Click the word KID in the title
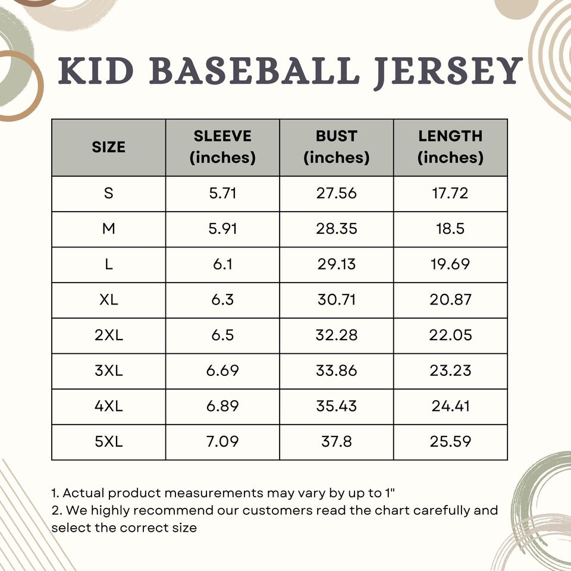click(x=96, y=71)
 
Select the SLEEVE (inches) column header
click(x=222, y=147)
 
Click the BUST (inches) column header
click(x=336, y=147)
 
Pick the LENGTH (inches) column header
click(x=450, y=147)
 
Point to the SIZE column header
click(x=108, y=147)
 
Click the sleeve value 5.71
click(x=222, y=193)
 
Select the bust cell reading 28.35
click(x=336, y=229)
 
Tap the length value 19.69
click(x=450, y=264)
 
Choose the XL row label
click(x=108, y=300)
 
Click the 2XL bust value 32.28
click(x=336, y=335)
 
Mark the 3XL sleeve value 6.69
click(x=222, y=371)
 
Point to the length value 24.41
click(x=450, y=406)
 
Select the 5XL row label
click(x=108, y=442)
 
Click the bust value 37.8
click(x=336, y=442)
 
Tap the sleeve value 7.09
click(x=222, y=442)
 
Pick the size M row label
click(x=108, y=229)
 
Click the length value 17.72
click(x=450, y=193)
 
